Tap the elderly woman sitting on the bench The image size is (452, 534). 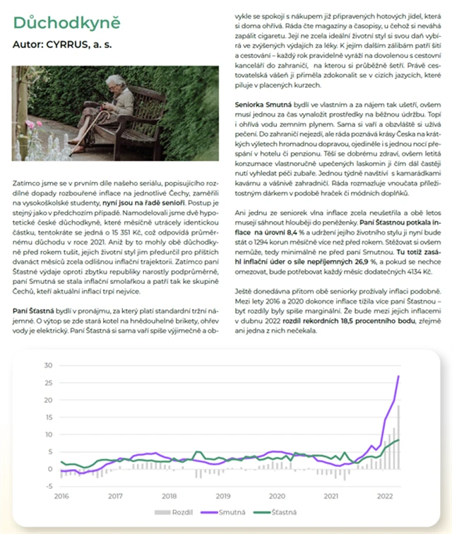pyautogui.click(x=117, y=106)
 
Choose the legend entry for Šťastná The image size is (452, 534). pyautogui.click(x=278, y=511)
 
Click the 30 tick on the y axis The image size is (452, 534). pyautogui.click(x=49, y=365)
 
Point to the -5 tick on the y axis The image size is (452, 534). pyautogui.click(x=49, y=486)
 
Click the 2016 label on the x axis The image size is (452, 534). pyautogui.click(x=61, y=496)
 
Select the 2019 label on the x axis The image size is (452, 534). pyautogui.click(x=223, y=496)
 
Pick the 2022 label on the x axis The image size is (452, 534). pyautogui.click(x=385, y=496)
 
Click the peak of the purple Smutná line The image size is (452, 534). pyautogui.click(x=399, y=376)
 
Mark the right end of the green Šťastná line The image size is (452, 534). pyautogui.click(x=399, y=439)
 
